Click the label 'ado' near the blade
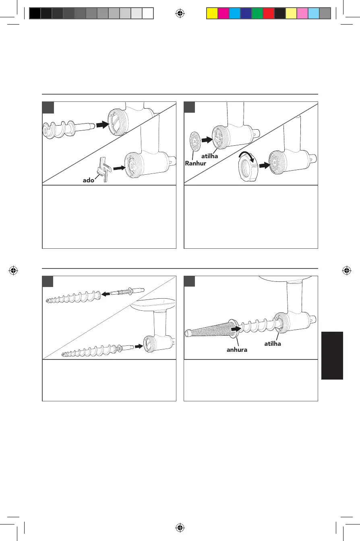(x=88, y=181)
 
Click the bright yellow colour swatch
(x=212, y=14)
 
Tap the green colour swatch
(x=257, y=14)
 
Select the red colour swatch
(x=268, y=14)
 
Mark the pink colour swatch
(x=302, y=14)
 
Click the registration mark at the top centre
(x=180, y=13)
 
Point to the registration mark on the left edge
(x=14, y=270)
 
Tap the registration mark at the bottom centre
(x=180, y=527)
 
